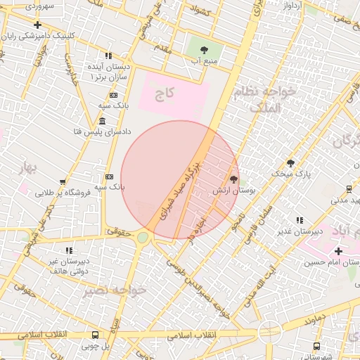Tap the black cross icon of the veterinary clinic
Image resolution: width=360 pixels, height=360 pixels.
(x=37, y=25)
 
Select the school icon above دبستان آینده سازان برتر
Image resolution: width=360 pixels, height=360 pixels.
(x=108, y=55)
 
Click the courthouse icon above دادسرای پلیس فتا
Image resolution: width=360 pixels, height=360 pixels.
(x=103, y=121)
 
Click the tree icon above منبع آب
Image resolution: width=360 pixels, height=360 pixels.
(x=204, y=50)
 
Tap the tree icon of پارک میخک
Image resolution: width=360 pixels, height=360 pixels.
(x=290, y=162)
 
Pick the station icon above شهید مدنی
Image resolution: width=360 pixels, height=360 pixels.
(x=349, y=188)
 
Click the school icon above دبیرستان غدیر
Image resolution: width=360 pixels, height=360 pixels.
(x=300, y=220)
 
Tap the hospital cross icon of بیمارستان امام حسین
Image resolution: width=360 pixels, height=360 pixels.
(x=338, y=251)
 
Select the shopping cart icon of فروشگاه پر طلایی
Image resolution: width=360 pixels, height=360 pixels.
(x=63, y=182)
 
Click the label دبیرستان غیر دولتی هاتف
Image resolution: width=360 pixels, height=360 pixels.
(x=67, y=266)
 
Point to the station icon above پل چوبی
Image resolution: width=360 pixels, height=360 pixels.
(x=95, y=335)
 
